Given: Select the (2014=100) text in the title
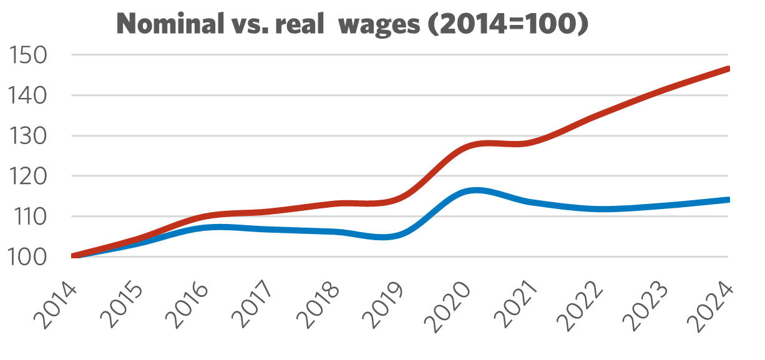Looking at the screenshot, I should (x=512, y=26).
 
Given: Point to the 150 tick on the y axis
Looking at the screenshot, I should (x=30, y=56).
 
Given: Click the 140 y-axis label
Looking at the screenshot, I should (x=30, y=95).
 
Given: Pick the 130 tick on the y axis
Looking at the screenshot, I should (x=30, y=136).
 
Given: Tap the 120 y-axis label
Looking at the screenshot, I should (x=30, y=176).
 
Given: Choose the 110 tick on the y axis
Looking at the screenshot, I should (x=30, y=216).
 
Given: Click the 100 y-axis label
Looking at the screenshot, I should (x=30, y=256).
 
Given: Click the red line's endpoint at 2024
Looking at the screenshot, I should (x=728, y=69).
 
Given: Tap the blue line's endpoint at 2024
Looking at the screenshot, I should (x=728, y=200).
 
